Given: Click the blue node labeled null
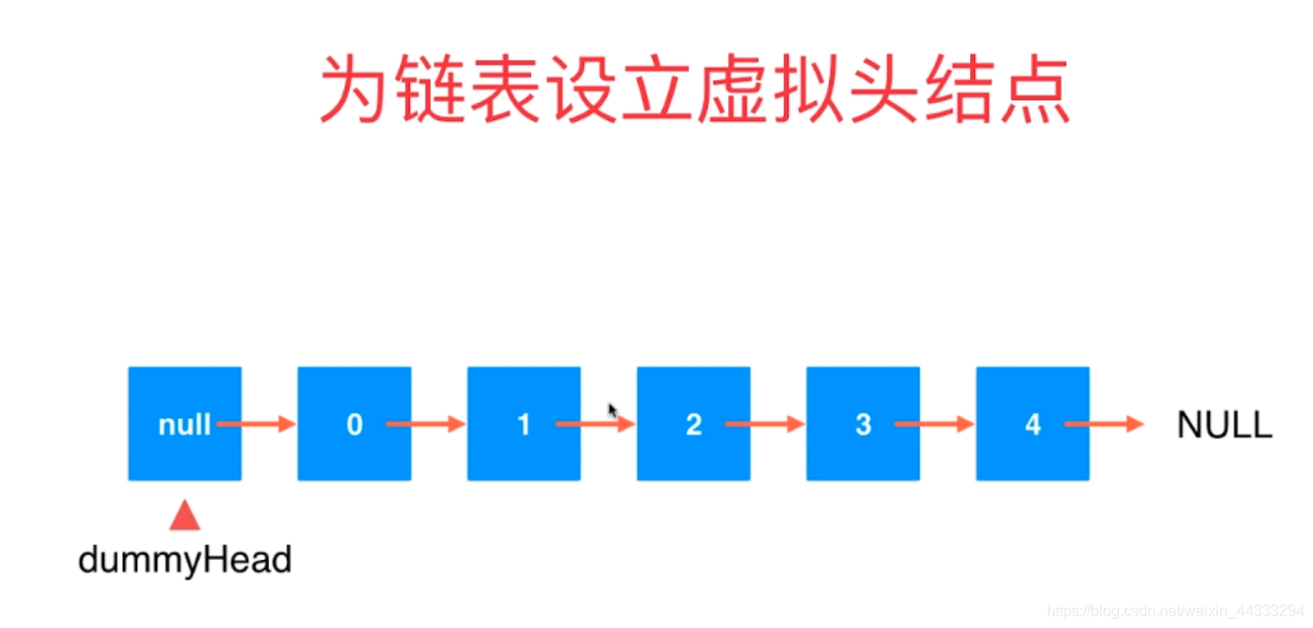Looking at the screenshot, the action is click(185, 424).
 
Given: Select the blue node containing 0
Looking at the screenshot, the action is click(354, 424).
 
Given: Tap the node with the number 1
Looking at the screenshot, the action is click(523, 424).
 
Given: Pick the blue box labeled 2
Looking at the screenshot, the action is click(693, 424).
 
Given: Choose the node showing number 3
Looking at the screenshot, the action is click(862, 424).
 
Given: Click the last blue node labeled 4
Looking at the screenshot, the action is click(1032, 424).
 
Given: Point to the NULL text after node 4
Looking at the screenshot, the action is click(1224, 426).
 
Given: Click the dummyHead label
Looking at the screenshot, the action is click(185, 561).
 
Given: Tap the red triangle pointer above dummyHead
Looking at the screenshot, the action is click(185, 515).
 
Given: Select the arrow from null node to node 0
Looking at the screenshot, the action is click(257, 425).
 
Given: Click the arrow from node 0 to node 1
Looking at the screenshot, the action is click(426, 425).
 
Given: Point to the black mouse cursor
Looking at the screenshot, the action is click(612, 410).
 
